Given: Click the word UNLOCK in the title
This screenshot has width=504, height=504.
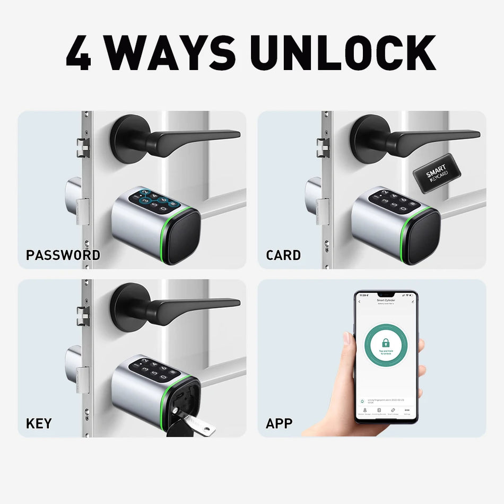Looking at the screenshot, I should click(x=343, y=53).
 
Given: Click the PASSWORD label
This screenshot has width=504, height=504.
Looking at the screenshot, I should click(x=63, y=255).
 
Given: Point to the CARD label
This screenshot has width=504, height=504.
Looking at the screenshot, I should click(x=283, y=255).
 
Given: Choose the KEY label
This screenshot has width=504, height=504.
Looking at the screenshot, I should click(x=39, y=423).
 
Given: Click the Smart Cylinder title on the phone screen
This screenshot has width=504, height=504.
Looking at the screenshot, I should click(x=386, y=300).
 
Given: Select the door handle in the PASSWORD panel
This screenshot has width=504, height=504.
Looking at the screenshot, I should click(x=175, y=138).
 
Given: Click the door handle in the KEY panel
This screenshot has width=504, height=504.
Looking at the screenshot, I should click(x=175, y=306).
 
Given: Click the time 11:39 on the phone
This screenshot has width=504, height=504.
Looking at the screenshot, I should click(x=363, y=295).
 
